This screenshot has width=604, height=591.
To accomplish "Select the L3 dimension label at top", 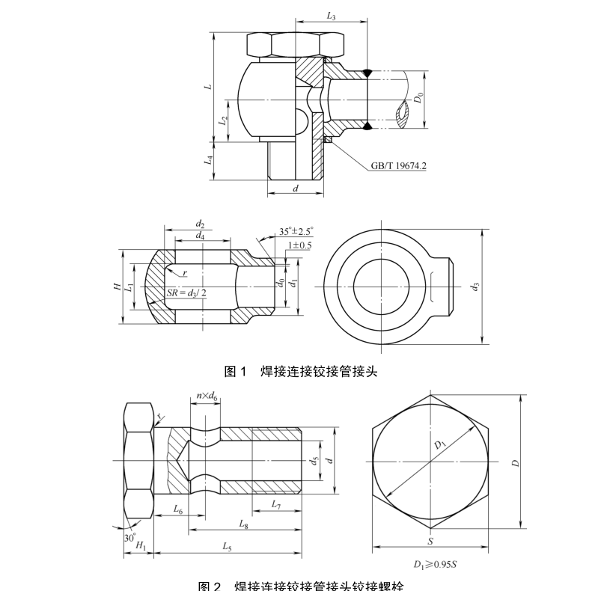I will click(x=332, y=16).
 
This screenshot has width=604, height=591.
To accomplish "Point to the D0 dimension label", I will click(x=418, y=97).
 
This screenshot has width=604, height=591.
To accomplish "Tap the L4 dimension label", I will click(x=211, y=159).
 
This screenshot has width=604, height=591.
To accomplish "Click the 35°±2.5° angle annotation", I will click(x=296, y=232).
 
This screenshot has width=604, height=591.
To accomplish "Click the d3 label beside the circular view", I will click(x=475, y=286).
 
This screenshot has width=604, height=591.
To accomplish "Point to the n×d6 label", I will click(x=207, y=396).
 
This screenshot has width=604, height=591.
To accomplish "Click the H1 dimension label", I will click(x=140, y=547).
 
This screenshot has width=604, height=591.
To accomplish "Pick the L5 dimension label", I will click(x=227, y=547).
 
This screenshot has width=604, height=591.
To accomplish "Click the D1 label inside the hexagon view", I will click(x=439, y=447).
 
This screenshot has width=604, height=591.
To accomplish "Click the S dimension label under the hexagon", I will click(x=430, y=541).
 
